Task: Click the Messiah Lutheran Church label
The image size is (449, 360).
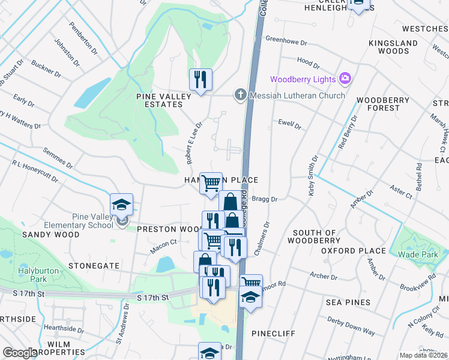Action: [x=298, y=95]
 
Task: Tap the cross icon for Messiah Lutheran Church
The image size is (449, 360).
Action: [x=240, y=94]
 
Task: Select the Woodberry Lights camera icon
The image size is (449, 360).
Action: [x=345, y=79]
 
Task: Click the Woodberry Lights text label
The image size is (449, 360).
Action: [x=303, y=79]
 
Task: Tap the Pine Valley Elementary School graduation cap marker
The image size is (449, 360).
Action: [x=121, y=205]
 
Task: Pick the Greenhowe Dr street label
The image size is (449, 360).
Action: [x=286, y=43]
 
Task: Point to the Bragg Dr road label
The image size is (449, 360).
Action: [x=266, y=199]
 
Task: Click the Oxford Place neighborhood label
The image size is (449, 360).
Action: [x=353, y=250]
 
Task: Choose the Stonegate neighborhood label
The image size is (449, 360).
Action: [x=94, y=265]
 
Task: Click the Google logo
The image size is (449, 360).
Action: [x=20, y=352]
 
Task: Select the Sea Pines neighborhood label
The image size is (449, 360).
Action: [x=349, y=302]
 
